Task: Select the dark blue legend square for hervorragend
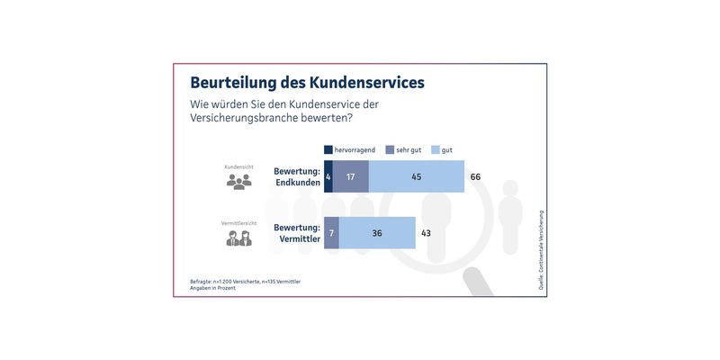(328, 149)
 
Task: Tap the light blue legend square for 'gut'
(436, 149)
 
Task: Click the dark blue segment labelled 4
(328, 176)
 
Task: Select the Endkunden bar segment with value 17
(351, 176)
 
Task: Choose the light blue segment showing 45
(417, 176)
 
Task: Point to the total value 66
(476, 176)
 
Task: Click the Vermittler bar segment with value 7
(331, 232)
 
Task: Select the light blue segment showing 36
(377, 232)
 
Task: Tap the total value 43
(427, 232)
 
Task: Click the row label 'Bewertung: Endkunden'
(297, 176)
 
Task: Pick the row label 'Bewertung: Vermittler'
(297, 232)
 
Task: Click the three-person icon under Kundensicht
(238, 182)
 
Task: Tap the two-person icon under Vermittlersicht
(238, 238)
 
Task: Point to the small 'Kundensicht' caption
(238, 166)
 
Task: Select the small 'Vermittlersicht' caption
(238, 222)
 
